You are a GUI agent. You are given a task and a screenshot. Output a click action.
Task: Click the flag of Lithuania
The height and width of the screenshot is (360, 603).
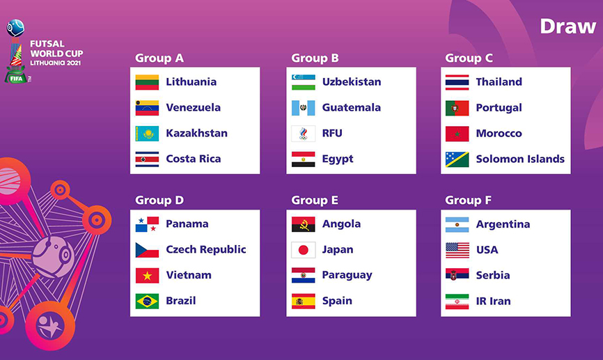point(147,82)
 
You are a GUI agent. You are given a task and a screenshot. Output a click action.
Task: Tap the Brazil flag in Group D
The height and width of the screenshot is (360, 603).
point(147,301)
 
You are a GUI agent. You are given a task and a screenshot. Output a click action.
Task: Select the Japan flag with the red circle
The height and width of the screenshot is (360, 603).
point(303,250)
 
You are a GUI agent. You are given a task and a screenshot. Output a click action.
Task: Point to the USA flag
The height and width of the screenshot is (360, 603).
point(457,250)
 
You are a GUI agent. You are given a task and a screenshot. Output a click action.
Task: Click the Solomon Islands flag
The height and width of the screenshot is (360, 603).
point(457,159)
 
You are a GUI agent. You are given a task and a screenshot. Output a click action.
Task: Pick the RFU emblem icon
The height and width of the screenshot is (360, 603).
point(303,134)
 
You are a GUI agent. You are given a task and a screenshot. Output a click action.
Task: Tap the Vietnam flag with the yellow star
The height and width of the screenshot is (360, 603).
point(147,275)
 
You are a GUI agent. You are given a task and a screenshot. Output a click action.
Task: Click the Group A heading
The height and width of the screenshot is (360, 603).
point(159,58)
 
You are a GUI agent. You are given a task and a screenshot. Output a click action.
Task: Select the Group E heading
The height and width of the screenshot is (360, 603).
point(315,200)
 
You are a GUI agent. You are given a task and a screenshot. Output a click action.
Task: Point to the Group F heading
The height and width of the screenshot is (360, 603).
point(468,200)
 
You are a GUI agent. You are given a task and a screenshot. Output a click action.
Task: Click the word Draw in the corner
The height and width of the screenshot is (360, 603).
point(567,26)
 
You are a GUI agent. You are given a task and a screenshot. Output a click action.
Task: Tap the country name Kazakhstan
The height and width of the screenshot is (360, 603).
point(196,133)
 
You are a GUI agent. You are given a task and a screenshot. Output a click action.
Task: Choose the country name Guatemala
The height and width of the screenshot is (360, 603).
point(352,107)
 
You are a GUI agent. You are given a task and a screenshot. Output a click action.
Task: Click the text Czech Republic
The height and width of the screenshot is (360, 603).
point(205,249)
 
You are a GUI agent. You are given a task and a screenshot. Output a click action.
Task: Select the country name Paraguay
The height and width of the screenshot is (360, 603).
point(347,275)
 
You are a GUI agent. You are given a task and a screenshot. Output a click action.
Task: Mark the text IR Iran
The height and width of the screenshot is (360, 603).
point(494,301)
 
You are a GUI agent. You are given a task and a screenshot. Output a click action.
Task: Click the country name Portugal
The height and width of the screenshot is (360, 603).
point(499,108)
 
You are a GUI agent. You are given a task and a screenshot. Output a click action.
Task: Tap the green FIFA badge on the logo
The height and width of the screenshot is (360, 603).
point(16,78)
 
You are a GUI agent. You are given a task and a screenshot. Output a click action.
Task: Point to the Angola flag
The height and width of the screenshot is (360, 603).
point(303,224)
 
